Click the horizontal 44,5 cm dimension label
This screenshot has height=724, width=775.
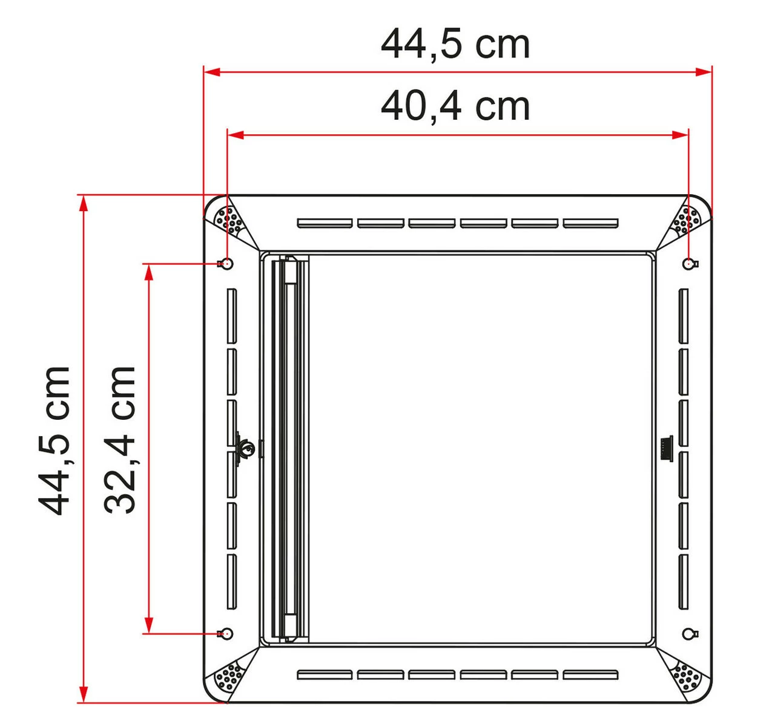(x=455, y=44)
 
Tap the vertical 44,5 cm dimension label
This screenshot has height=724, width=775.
(x=54, y=440)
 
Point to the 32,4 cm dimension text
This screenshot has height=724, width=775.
(x=119, y=440)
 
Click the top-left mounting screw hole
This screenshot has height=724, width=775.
(x=227, y=263)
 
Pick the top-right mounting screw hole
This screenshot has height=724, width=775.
(x=688, y=263)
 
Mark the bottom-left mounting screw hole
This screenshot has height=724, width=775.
(x=227, y=633)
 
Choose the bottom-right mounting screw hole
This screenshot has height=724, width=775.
(x=688, y=633)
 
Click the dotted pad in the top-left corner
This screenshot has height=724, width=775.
(x=230, y=221)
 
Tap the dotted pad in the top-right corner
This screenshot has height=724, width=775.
(x=685, y=221)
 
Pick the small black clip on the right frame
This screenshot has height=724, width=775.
(x=665, y=448)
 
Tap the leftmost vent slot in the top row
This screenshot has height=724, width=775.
(x=325, y=223)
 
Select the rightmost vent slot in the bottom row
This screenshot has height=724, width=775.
(x=590, y=674)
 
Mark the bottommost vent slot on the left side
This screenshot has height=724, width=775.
(x=232, y=581)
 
